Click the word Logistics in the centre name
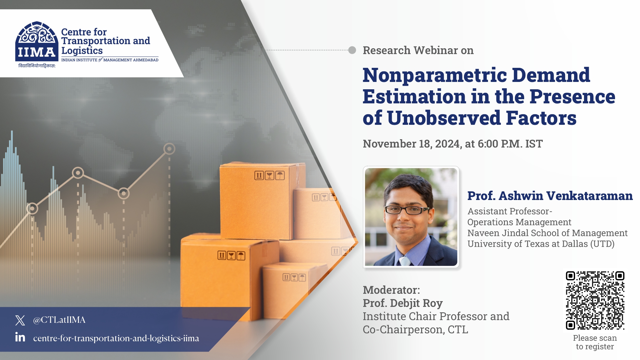82,51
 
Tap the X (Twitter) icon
20,320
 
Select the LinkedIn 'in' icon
20,337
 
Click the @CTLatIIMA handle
59,320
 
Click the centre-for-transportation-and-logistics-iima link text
116,338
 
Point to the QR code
595,300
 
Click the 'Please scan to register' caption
595,342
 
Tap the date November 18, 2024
411,144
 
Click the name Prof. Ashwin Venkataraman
549,196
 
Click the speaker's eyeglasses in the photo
406,210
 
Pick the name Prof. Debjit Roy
403,303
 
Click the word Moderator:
391,290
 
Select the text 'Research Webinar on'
418,51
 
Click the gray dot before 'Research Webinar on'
352,50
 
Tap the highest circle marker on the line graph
169,149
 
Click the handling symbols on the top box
269,175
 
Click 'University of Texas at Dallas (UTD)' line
541,244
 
